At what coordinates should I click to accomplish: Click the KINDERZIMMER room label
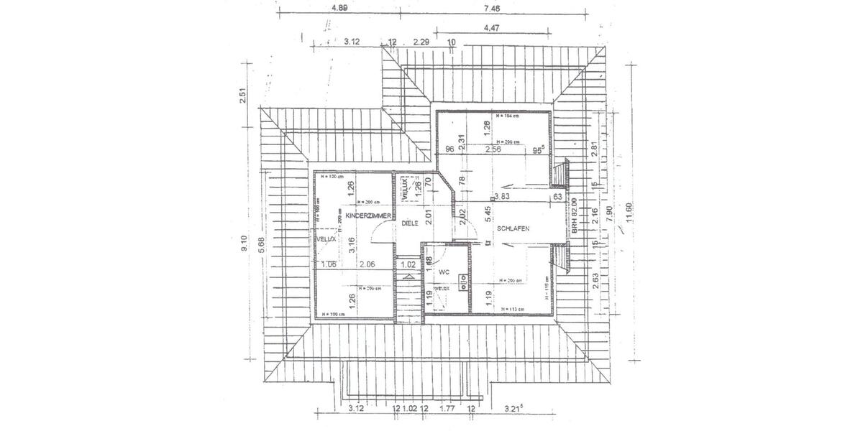[x=367, y=215]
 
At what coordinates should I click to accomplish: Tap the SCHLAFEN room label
[x=512, y=228]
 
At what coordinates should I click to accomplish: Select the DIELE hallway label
[x=410, y=223]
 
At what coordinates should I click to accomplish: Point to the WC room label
[x=444, y=273]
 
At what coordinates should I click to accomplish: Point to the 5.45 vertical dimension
[x=488, y=213]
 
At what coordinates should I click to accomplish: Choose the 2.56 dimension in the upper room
[x=493, y=149]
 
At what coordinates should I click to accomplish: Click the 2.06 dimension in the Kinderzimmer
[x=368, y=264]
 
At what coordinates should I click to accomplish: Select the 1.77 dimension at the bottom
[x=447, y=409]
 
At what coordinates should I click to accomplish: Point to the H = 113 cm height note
[x=510, y=310]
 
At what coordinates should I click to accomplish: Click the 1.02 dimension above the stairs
[x=407, y=264]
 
